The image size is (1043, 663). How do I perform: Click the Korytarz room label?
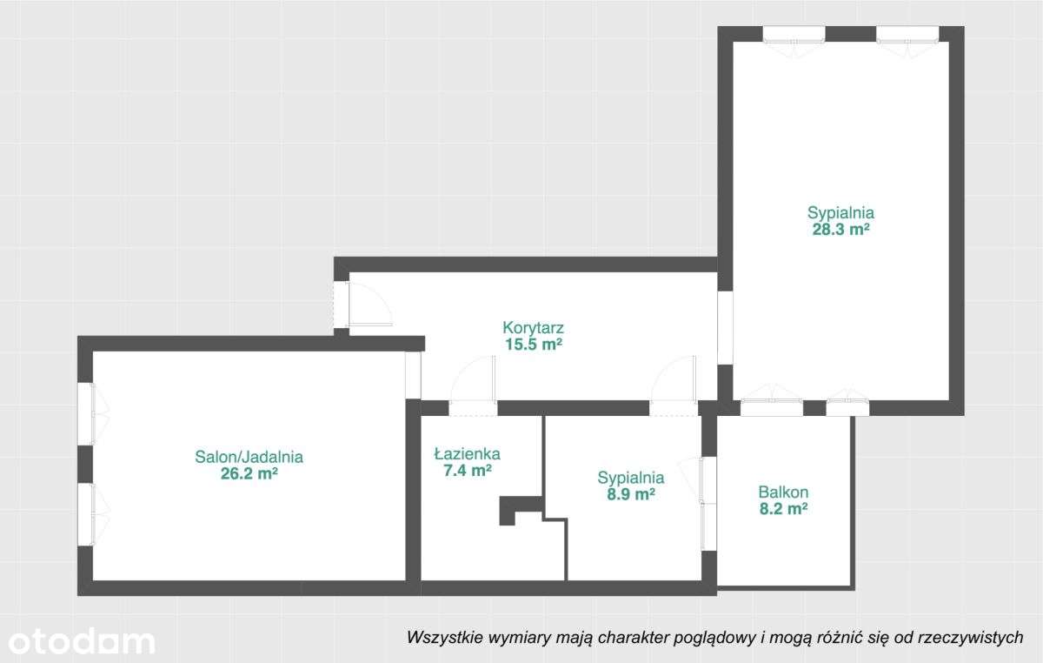click(534, 328)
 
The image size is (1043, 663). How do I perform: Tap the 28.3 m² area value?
click(840, 230)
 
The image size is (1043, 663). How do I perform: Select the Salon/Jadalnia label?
click(249, 456)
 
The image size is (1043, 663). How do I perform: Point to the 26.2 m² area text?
click(249, 474)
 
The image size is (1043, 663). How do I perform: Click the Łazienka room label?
click(467, 453)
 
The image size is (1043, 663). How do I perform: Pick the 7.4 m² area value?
click(467, 471)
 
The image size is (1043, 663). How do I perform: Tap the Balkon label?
click(783, 492)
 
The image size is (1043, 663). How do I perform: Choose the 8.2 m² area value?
click(783, 510)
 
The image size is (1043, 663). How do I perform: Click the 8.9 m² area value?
click(630, 494)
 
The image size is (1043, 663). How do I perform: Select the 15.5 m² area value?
click(534, 345)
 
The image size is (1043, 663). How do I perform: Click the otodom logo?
click(78, 641)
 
